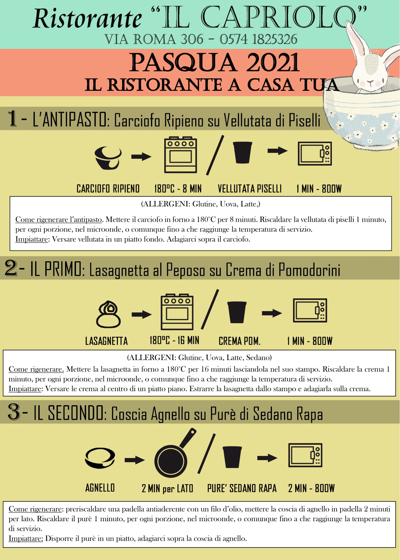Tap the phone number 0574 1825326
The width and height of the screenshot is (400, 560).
tap(258, 39)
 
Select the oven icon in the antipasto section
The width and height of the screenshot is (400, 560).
tap(181, 155)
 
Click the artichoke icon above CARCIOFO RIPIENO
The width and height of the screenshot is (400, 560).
tap(108, 157)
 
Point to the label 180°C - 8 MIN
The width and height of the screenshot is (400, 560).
tap(178, 189)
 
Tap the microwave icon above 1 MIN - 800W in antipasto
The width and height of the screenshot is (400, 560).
tap(315, 153)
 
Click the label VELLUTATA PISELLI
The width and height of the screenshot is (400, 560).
tap(250, 189)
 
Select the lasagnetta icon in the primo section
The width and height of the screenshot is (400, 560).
tap(108, 314)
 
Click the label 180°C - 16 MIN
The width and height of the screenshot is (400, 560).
tap(174, 340)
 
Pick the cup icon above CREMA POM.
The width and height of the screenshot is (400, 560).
tap(237, 312)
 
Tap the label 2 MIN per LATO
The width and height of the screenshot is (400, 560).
tap(168, 488)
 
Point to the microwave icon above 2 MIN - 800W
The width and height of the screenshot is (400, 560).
tap(305, 455)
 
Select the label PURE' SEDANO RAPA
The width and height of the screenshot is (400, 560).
tap(242, 488)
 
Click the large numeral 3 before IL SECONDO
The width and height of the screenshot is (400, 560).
tap(14, 412)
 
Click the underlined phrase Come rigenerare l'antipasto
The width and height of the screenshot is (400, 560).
tap(59, 219)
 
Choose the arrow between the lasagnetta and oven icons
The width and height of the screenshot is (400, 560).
tap(142, 314)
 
